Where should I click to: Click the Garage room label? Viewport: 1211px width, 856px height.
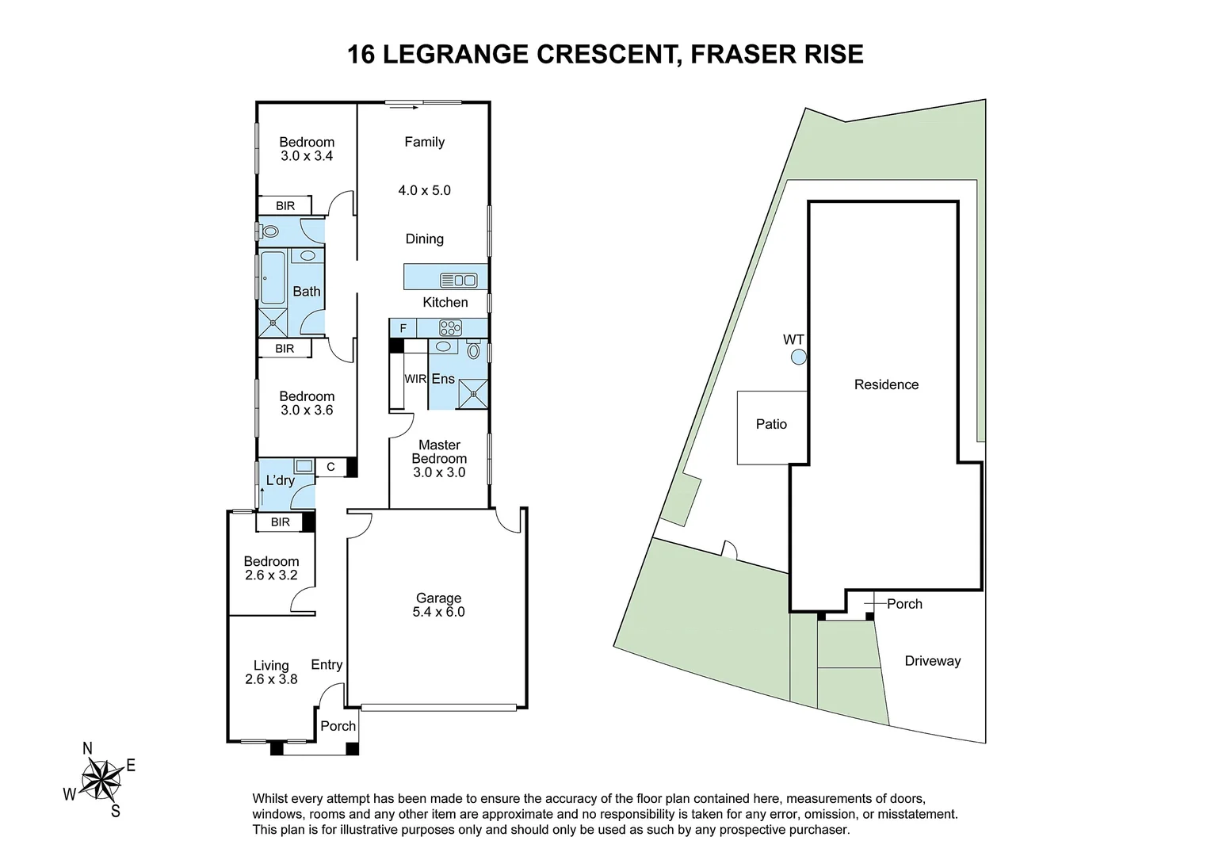coord(438,598)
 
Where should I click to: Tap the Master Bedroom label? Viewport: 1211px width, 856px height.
coord(439,452)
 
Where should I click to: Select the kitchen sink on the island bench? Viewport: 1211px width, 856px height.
coord(458,280)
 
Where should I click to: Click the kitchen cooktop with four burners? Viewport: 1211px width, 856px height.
coord(450,327)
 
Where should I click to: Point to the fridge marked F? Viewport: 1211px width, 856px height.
coord(403,328)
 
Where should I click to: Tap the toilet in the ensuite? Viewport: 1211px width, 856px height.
coord(474,350)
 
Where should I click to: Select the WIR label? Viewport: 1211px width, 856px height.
coord(415,379)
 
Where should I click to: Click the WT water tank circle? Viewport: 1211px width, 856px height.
coord(799,357)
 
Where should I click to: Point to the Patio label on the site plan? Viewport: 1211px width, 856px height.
coord(771,424)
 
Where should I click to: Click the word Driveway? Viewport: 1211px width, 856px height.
coord(933,661)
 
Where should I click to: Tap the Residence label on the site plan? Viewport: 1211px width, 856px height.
coord(886,384)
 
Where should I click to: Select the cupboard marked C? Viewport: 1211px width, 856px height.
coord(330,467)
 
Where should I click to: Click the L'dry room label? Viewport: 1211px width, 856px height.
coord(280,480)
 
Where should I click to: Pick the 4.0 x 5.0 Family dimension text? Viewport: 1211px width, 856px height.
coord(424,190)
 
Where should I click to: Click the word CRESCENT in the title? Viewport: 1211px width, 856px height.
coord(605,55)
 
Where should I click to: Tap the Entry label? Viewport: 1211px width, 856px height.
coord(327,664)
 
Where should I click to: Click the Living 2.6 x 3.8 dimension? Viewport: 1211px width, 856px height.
coord(271,679)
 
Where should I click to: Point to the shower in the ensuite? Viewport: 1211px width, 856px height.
coord(473,394)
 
